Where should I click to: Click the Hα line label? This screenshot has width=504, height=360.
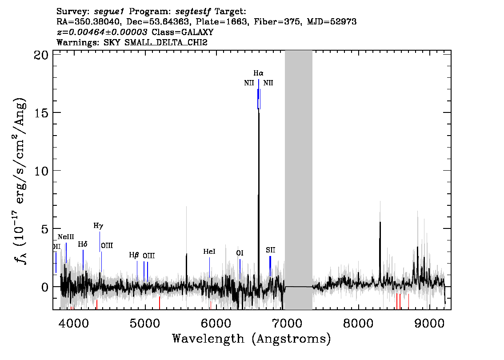coord(258,73)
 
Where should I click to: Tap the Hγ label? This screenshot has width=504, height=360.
coord(98,226)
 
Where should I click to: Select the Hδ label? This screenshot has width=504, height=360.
coord(83,244)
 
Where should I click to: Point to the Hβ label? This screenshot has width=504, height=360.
coord(134,255)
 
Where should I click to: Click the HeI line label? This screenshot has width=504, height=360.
coord(209,252)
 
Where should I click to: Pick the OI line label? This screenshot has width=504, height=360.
coord(240,253)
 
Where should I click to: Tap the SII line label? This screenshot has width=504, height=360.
coord(270,250)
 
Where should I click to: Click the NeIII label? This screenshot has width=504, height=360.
coord(66,237)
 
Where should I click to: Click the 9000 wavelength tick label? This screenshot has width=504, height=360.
coord(429,323)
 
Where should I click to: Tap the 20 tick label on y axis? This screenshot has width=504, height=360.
coord(41,55)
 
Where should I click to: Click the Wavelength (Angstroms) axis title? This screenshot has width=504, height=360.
coord(252,339)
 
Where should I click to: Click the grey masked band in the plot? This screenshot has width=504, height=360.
coord(299,180)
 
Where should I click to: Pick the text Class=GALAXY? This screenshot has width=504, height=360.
coord(183,32)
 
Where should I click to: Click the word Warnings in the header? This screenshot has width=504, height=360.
coord(78,42)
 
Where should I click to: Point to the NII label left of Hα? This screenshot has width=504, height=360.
coord(249,83)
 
